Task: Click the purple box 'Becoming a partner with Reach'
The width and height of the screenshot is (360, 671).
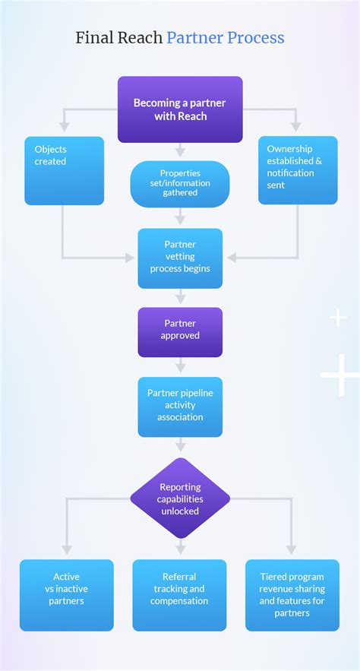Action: coord(180,109)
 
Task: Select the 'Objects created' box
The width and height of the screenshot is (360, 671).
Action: coord(64,170)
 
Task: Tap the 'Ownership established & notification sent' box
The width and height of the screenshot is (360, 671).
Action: coord(297,170)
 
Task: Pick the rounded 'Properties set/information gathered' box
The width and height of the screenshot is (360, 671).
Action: coord(180,184)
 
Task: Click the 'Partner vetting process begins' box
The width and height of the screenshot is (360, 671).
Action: coord(180,258)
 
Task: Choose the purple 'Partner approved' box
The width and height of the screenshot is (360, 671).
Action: coord(180,332)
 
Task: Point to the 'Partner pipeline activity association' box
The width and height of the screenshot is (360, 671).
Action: coord(180,407)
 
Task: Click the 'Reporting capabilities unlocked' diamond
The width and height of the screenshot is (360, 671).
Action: coord(180,499)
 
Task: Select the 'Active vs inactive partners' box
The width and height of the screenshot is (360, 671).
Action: coord(66,595)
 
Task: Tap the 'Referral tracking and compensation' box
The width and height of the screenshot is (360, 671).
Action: coord(180,595)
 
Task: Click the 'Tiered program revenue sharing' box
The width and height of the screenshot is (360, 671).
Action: coord(292,595)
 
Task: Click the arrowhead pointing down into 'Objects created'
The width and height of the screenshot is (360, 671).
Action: coord(64,125)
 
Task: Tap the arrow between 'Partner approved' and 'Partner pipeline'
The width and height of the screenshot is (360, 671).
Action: coord(180,368)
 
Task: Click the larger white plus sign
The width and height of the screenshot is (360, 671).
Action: coord(339,375)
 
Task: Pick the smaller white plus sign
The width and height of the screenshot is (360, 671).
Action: coord(337,317)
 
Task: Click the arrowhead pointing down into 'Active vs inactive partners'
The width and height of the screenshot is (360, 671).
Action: coord(66,549)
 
